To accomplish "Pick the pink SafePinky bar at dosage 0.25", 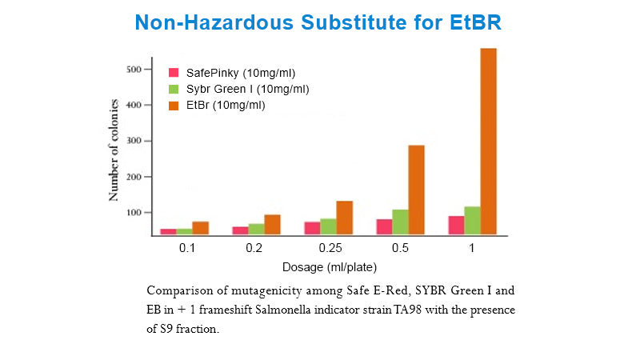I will (x=312, y=228).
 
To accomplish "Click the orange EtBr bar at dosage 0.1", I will (x=200, y=228).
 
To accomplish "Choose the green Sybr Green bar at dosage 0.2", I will (x=256, y=229).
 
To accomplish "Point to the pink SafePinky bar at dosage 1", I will (x=456, y=225).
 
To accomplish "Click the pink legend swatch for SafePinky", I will (x=173, y=73).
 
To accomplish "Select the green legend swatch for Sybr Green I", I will (x=173, y=89).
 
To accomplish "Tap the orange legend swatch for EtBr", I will (x=173, y=105).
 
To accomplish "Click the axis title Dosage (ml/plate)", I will (x=329, y=266).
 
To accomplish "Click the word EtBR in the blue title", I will (x=473, y=22).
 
